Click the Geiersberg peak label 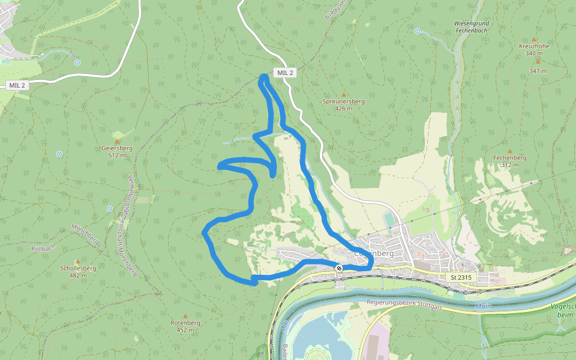(x=117, y=151)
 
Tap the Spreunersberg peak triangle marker (x=344, y=95)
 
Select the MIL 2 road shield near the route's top (x=285, y=73)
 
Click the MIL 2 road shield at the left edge (x=17, y=85)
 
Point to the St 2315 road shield (x=460, y=277)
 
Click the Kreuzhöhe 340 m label (x=533, y=49)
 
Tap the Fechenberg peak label (x=509, y=161)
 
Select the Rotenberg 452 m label (x=185, y=326)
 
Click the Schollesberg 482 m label (x=77, y=272)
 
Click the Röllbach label (x=43, y=248)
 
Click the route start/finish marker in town (x=339, y=268)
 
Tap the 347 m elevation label (x=538, y=71)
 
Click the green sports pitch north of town (x=390, y=220)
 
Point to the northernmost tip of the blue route (x=264, y=76)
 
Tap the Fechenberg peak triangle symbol (x=509, y=151)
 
